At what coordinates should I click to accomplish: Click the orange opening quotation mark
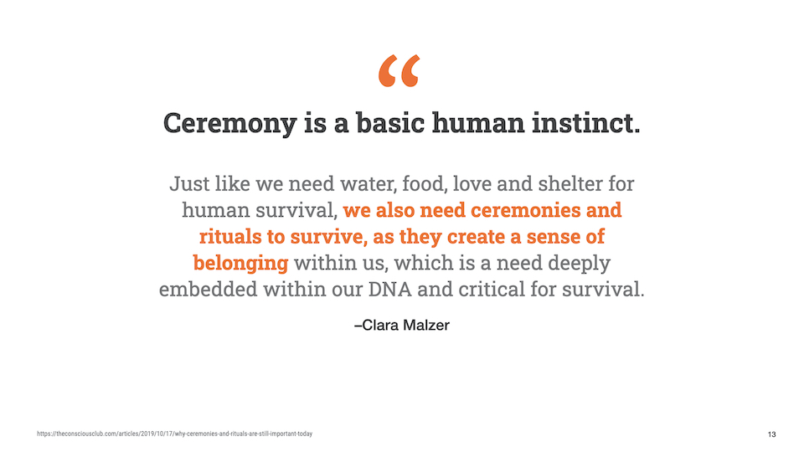point(399,70)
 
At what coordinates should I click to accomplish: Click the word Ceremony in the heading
point(230,124)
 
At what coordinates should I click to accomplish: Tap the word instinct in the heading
point(585,123)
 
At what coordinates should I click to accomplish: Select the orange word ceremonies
point(526,210)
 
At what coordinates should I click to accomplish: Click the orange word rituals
point(230,236)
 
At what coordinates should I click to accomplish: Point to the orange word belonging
point(240,264)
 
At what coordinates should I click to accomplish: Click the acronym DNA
point(389,289)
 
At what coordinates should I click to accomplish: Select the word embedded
point(209,289)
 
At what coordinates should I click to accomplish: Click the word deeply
point(579,264)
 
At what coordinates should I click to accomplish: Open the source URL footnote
point(174,434)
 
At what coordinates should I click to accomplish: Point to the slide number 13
point(771,434)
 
